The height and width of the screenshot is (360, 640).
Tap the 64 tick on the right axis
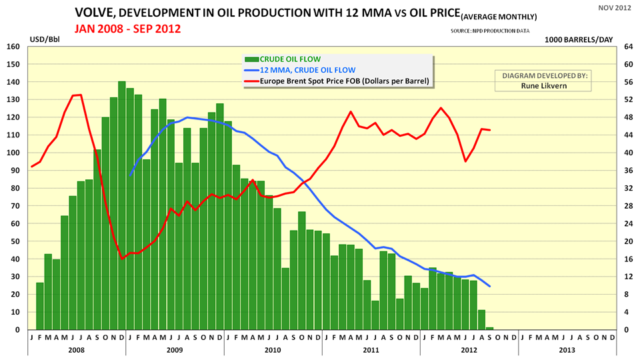[x=627, y=47]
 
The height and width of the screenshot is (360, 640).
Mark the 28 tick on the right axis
[x=627, y=206]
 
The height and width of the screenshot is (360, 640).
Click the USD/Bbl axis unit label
[x=43, y=39]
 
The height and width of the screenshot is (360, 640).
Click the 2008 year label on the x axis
[x=76, y=349]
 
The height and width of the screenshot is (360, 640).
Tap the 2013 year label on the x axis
[x=567, y=349]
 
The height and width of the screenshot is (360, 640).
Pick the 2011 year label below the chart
[x=371, y=349]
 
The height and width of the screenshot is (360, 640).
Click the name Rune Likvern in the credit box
[x=541, y=86]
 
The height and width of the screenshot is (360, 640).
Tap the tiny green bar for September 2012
[x=490, y=328]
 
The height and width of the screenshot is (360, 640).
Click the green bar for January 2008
[x=40, y=306]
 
